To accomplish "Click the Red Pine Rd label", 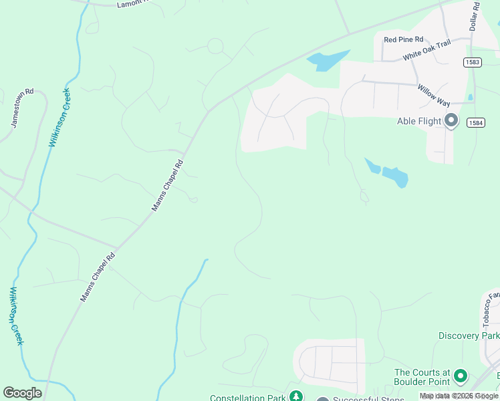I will coord(404,39).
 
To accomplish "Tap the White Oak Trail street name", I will coord(427,51).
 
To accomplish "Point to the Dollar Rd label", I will coord(475,15).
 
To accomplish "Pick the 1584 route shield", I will coord(476,122).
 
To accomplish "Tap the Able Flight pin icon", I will coord(451,120).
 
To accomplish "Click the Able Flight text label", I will coord(419,121).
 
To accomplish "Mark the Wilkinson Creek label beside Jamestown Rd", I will coord(59,118).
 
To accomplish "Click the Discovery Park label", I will coord(469,336).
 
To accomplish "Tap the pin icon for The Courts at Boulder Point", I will coord(460,377).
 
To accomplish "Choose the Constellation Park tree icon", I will coord(295,398).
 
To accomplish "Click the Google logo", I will coord(22,393).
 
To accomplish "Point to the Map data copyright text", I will coord(459,396).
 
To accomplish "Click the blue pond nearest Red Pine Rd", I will coord(328,60).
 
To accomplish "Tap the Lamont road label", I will coord(131,4).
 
